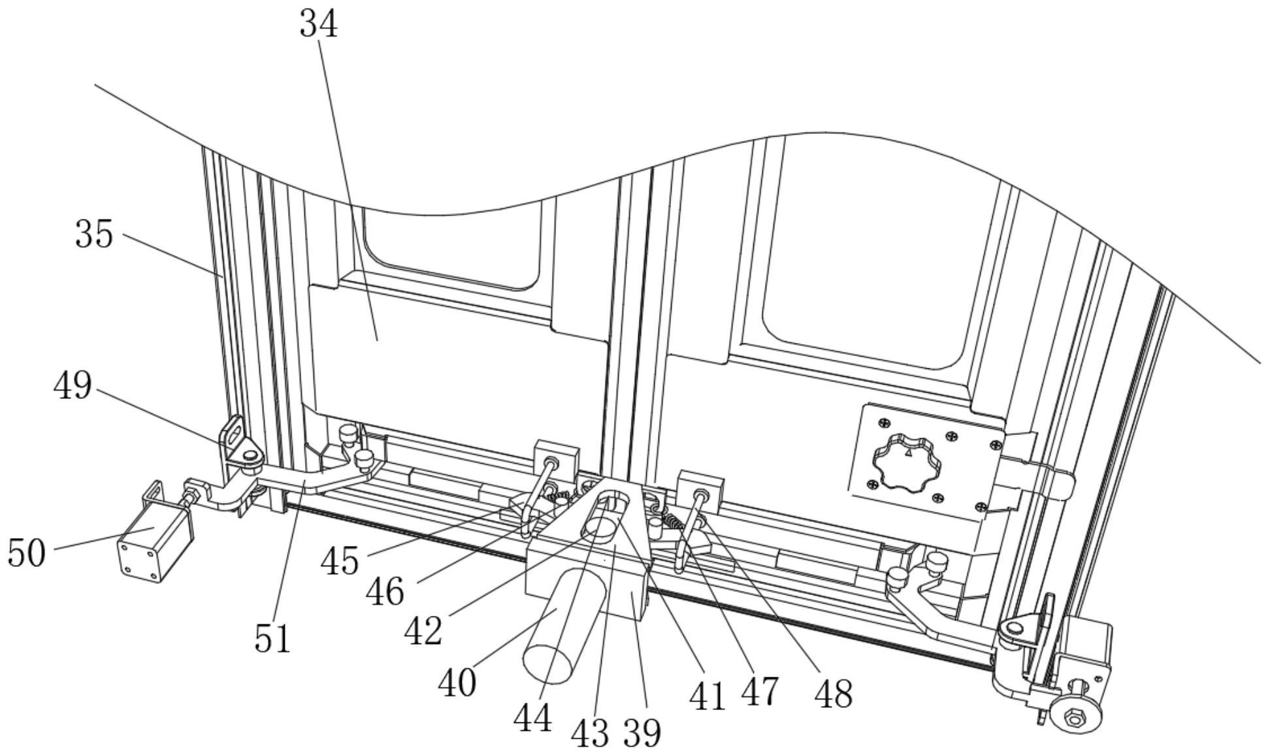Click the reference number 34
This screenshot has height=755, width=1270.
(319, 25)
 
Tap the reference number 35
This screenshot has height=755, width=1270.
(94, 234)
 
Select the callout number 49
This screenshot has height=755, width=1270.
(73, 385)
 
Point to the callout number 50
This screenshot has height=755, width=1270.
(27, 553)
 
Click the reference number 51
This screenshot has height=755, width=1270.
(272, 639)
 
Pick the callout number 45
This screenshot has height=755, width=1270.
(340, 561)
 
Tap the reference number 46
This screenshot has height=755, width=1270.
(385, 592)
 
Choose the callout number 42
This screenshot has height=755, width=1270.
(423, 631)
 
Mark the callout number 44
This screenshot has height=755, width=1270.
(532, 719)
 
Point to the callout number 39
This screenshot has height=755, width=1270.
(642, 733)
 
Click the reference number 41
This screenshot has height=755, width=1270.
(708, 696)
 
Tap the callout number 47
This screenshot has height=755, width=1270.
(760, 692)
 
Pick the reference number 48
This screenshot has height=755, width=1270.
(833, 694)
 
